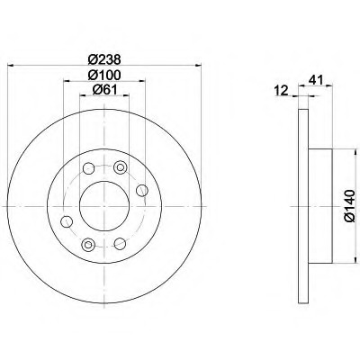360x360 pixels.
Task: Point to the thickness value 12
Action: [280, 89]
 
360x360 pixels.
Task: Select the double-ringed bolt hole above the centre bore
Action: [87, 167]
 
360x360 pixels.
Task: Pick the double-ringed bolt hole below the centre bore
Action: [86, 245]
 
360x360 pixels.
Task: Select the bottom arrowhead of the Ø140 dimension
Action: [343, 262]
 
